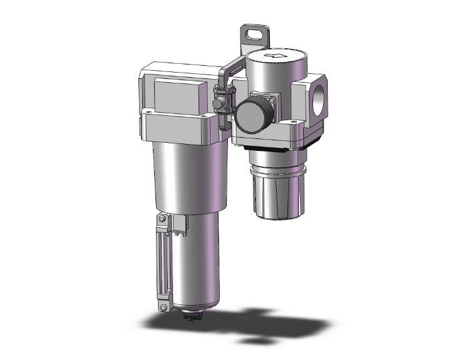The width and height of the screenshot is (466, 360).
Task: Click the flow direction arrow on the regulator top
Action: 274,56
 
